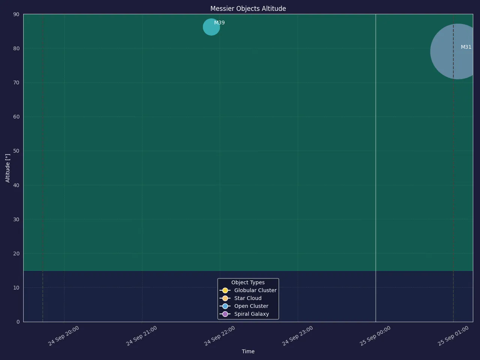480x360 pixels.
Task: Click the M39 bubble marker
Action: click(211, 27)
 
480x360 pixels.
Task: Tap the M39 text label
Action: click(219, 23)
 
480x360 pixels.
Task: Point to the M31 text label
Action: click(466, 47)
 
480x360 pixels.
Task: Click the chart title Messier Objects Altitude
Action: click(248, 9)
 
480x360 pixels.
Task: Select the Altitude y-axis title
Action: click(7, 168)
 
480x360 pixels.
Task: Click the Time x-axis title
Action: click(248, 351)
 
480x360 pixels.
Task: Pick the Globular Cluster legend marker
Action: click(225, 290)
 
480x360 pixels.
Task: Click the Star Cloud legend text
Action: click(248, 298)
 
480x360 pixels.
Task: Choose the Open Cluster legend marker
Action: click(225, 306)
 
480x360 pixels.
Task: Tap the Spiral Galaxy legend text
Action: click(252, 314)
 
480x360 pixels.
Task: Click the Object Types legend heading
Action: click(248, 282)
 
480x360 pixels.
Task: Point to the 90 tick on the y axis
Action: click(16, 14)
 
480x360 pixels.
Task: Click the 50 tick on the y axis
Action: click(16, 151)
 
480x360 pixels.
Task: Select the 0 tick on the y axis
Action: click(18, 322)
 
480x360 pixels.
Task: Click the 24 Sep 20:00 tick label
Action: click(63, 336)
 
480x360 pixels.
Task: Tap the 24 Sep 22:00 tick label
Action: click(219, 336)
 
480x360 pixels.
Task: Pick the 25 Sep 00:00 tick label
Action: click(375, 336)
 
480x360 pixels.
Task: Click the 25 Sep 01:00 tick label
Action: click(453, 336)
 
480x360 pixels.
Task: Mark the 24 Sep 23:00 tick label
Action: click(297, 336)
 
